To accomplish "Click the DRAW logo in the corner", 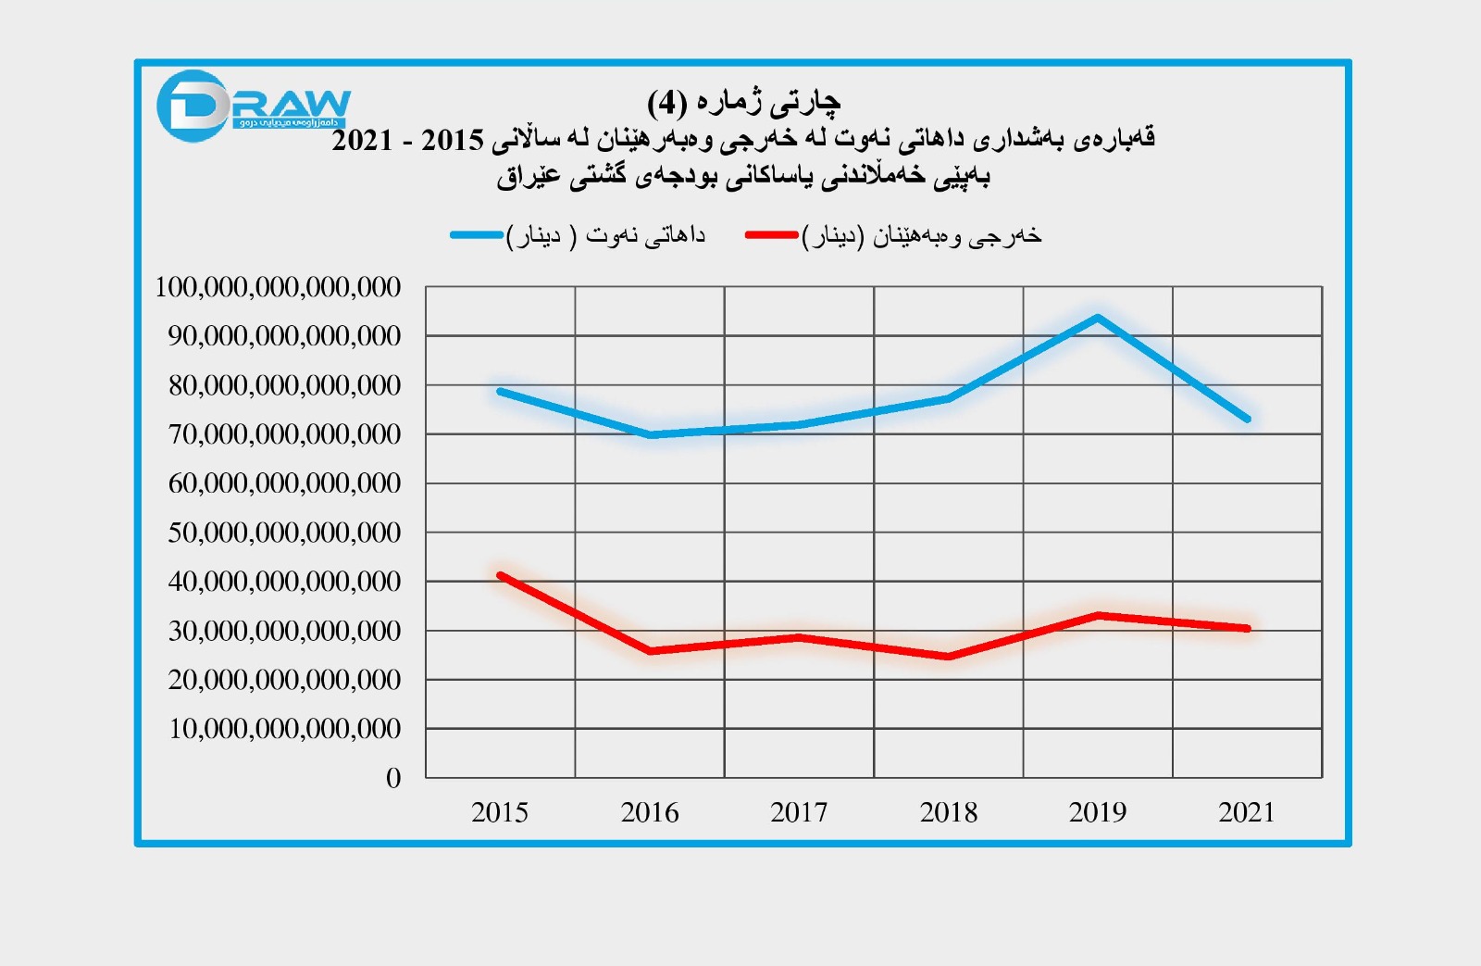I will [252, 106].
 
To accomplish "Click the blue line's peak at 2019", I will [1098, 318].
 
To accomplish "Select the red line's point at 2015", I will [500, 575].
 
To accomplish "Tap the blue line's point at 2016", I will [650, 434].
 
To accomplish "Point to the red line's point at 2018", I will [949, 657].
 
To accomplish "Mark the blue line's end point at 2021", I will [1248, 419].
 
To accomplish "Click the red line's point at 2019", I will [1098, 615].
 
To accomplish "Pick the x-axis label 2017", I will [799, 812].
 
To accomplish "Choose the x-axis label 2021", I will [1247, 812].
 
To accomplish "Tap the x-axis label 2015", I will [500, 812].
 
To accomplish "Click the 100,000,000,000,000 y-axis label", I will [278, 287].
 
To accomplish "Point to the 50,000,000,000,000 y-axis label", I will [284, 533].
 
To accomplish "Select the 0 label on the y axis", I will [393, 778].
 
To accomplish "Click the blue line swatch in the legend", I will [477, 235].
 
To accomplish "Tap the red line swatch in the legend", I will [771, 235].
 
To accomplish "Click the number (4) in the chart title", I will [666, 102].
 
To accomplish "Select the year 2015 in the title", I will [453, 141].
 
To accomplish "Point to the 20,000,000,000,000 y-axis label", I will [284, 680].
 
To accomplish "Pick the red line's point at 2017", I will [799, 637].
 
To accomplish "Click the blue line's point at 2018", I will [949, 398].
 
